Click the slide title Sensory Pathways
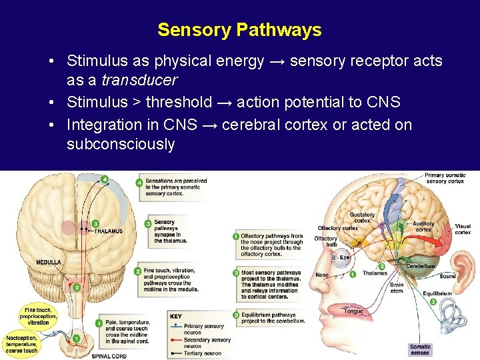coord(239,30)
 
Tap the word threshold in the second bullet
coord(178,102)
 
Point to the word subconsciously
coord(120,144)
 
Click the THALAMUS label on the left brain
coord(108,231)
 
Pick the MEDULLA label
coord(49,262)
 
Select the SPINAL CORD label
coord(109,356)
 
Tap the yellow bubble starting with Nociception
coord(22,344)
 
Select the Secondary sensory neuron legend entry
coord(207,343)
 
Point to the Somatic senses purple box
coord(420,349)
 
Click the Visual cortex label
coord(463,229)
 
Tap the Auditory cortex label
coord(423,227)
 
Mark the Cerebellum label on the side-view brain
coord(420,266)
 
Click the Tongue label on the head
coord(353,311)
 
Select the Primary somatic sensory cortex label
coord(445,178)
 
